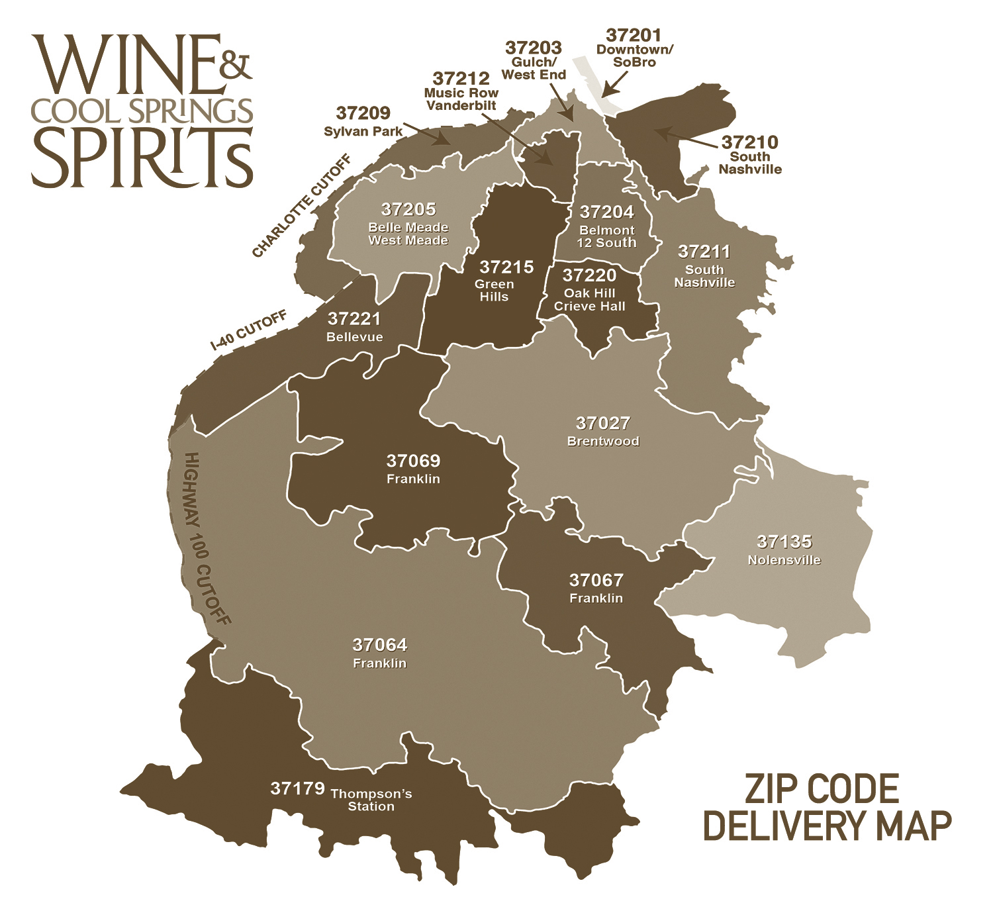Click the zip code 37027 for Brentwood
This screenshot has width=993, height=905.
tap(602, 424)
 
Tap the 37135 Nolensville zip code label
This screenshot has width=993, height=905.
tap(784, 542)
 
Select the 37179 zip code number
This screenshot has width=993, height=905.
tap(297, 788)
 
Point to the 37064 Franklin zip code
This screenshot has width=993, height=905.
tap(380, 645)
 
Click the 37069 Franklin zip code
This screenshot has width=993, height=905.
tap(413, 461)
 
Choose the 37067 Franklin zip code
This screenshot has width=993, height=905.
tap(596, 581)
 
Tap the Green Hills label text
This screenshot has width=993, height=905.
tap(494, 291)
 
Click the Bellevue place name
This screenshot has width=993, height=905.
tap(355, 337)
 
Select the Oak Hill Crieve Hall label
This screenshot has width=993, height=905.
tap(589, 300)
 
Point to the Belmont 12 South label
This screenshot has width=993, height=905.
tap(606, 236)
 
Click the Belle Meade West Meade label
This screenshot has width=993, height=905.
tap(408, 234)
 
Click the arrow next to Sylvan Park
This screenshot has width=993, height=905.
tap(423, 133)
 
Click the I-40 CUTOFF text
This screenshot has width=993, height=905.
tap(249, 330)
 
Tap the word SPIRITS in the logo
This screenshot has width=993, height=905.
tap(142, 158)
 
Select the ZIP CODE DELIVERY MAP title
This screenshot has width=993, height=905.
tap(827, 807)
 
